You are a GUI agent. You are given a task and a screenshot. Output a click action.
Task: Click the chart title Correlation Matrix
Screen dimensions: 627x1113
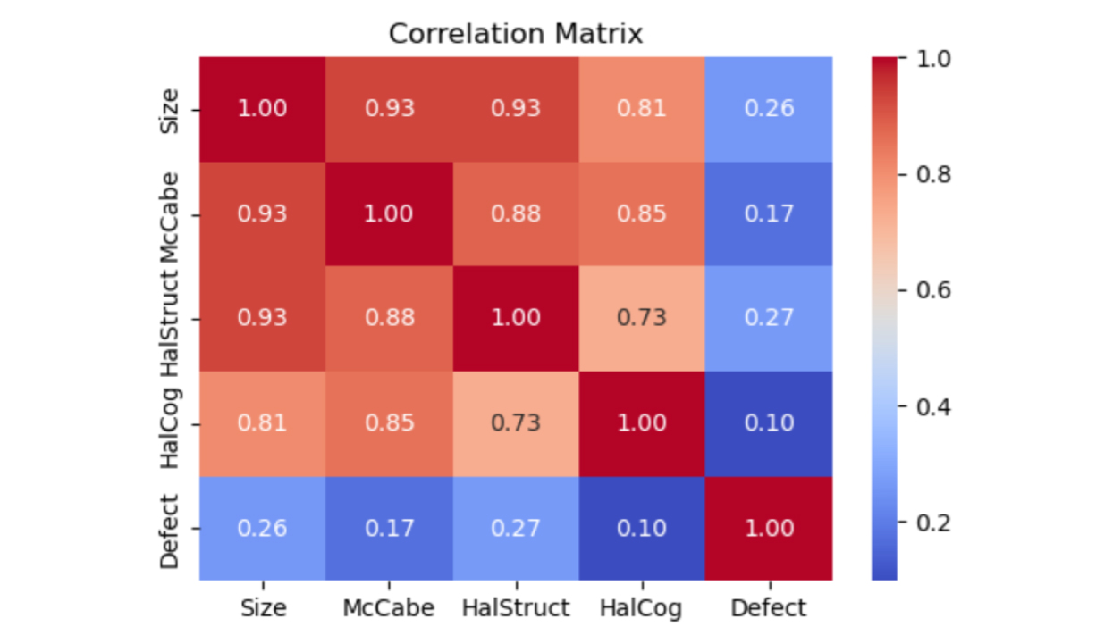coord(516,34)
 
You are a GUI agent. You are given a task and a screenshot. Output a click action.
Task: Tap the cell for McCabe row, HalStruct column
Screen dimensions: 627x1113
coord(516,214)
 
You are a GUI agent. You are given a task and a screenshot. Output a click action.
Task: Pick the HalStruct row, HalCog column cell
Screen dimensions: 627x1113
coord(642,319)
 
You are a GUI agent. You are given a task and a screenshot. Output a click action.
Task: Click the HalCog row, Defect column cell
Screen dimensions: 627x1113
coord(769,423)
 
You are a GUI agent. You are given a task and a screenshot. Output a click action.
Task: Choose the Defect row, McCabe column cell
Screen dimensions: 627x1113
coord(389,528)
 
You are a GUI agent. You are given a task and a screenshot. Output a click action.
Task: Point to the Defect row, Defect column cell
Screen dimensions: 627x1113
coord(769,528)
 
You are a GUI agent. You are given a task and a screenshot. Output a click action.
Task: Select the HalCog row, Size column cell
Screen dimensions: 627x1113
coord(263,423)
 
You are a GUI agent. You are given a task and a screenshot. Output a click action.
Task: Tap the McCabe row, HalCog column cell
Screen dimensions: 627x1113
coord(642,214)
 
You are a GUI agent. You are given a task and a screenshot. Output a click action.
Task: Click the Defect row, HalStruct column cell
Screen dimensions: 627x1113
coord(516,528)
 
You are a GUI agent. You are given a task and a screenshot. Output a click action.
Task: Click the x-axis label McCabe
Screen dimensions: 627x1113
coord(389,608)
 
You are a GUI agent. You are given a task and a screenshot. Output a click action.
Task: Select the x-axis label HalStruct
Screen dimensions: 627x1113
coord(516,608)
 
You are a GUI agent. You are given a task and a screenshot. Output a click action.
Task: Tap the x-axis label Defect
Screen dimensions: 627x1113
coord(769,608)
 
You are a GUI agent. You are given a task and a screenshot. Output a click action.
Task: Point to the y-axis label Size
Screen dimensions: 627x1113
coord(170,110)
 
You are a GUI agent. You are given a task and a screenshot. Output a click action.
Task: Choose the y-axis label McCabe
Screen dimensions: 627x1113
coord(170,214)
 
